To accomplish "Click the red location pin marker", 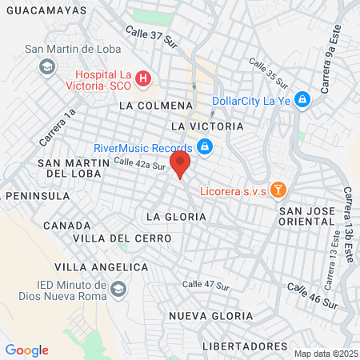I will [x=181, y=166].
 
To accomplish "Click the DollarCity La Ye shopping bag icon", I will [x=302, y=100].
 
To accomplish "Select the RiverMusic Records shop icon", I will [x=205, y=147].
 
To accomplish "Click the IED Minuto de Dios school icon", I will [x=119, y=288].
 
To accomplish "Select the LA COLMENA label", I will [x=155, y=105].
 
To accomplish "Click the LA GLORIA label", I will [x=176, y=217].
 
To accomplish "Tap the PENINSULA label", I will [x=35, y=195].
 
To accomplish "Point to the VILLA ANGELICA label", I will [x=101, y=266].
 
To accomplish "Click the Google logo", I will [x=26, y=350].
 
